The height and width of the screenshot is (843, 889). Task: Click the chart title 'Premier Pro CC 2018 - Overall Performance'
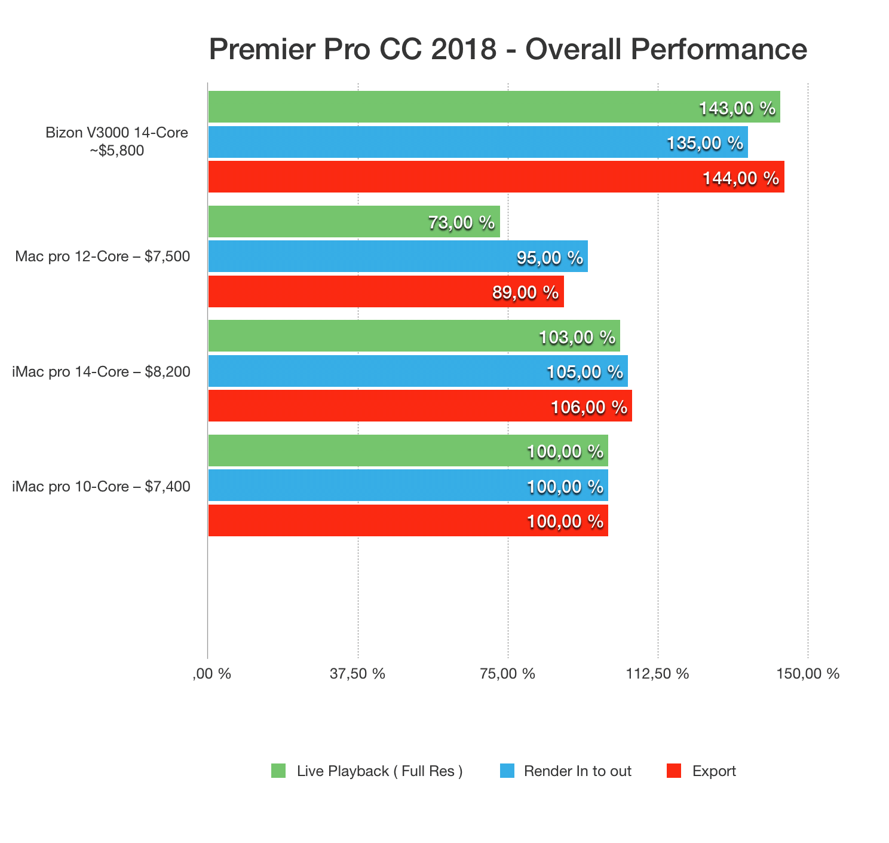pyautogui.click(x=508, y=49)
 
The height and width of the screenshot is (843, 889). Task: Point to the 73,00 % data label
pyautogui.click(x=461, y=222)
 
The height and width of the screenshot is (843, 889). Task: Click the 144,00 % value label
pyautogui.click(x=741, y=178)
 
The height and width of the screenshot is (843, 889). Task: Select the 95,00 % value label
pyautogui.click(x=549, y=258)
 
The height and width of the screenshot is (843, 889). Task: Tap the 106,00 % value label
pyautogui.click(x=588, y=407)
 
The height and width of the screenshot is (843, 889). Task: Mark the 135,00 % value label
pyautogui.click(x=705, y=143)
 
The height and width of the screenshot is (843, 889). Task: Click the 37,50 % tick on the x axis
pyautogui.click(x=357, y=674)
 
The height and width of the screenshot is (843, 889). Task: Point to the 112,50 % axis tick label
pyautogui.click(x=657, y=674)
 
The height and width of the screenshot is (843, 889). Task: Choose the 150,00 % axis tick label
pyautogui.click(x=808, y=674)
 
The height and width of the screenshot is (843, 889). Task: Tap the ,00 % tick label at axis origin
pyautogui.click(x=211, y=674)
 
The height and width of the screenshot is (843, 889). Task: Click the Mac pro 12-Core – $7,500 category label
pyautogui.click(x=103, y=257)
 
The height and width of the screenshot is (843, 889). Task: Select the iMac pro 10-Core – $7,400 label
pyautogui.click(x=102, y=487)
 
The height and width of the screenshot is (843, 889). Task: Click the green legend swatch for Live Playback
pyautogui.click(x=278, y=771)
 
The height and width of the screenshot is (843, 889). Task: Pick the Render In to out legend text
pyautogui.click(x=577, y=771)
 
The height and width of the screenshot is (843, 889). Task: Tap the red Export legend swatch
pyautogui.click(x=673, y=771)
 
